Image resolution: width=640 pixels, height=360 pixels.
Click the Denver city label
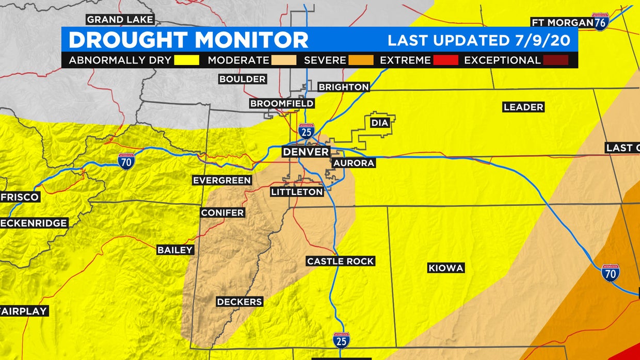306,152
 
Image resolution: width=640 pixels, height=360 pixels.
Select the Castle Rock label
340,261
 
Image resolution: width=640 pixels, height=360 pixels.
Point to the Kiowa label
446,268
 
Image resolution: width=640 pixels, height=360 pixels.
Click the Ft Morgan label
562,22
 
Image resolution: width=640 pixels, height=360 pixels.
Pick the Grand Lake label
120,20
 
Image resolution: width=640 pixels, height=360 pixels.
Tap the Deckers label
239,302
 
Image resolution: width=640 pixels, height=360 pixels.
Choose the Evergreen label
222,180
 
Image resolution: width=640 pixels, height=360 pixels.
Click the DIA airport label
379,123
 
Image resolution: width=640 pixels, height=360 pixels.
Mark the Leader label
523,107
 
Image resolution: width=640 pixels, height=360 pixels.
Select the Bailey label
175,250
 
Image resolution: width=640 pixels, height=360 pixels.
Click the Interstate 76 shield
600,22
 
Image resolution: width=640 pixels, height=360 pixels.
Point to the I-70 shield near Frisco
126,161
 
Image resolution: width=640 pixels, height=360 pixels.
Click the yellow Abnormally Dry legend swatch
186,60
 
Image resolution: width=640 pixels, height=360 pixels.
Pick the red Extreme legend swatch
445,60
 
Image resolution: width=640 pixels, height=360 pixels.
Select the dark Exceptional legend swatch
555,60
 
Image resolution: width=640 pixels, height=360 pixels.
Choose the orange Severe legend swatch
360,60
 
